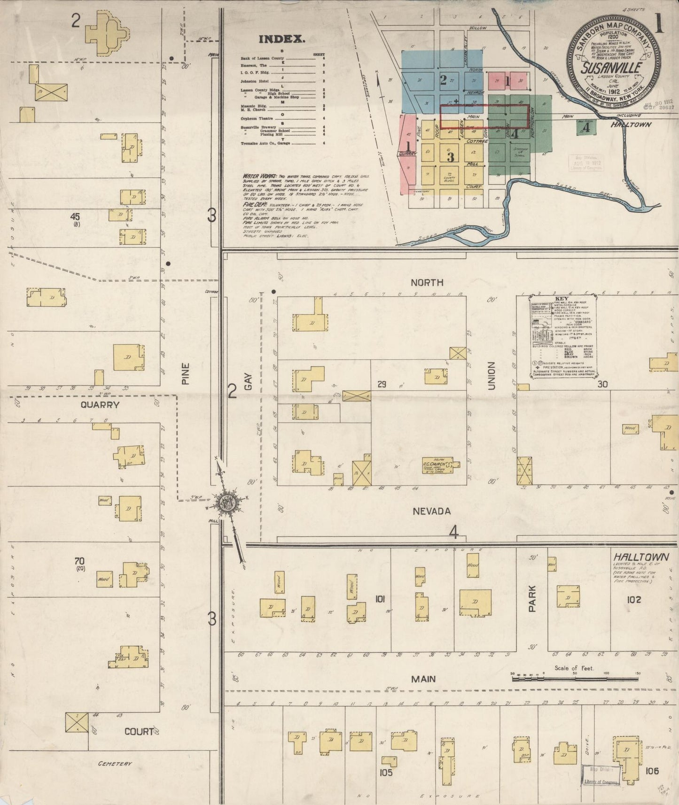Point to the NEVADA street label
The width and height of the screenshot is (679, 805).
tap(431, 511)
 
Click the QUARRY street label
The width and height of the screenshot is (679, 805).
tap(100, 405)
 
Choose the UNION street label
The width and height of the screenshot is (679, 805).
tap(492, 375)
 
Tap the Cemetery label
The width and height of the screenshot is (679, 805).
tap(115, 764)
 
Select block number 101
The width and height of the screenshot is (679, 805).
tap(380, 599)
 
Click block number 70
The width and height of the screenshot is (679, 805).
tap(79, 560)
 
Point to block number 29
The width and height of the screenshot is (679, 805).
tap(382, 385)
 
